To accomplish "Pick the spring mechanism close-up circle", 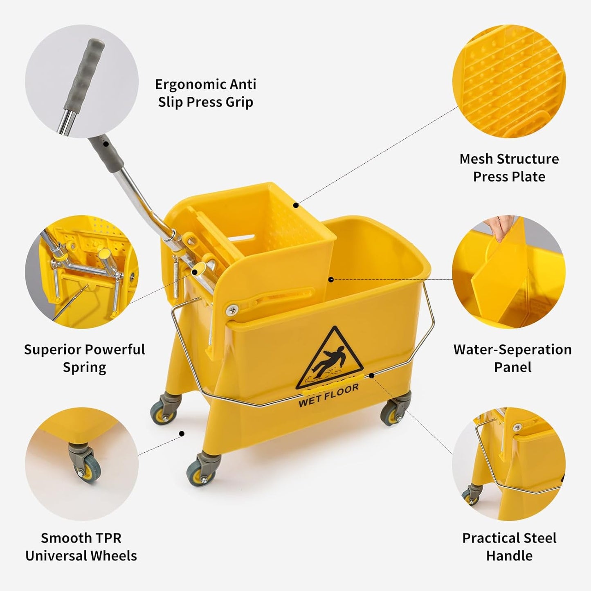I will (82, 272).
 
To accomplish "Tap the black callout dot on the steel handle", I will (371, 375).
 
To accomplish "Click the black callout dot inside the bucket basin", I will (331, 280).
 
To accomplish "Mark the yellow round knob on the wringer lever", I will (201, 271).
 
